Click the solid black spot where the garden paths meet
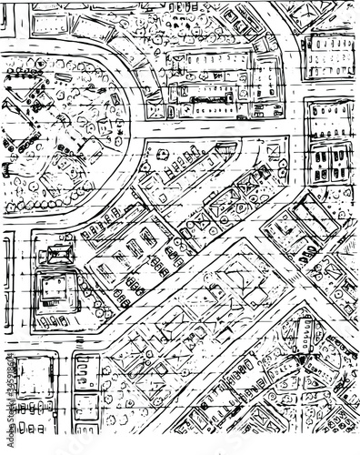click(x=299, y=362)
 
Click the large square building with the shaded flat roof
click(x=57, y=290)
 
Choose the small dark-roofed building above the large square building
click(x=58, y=254)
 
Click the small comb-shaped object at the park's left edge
click(x=6, y=168)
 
